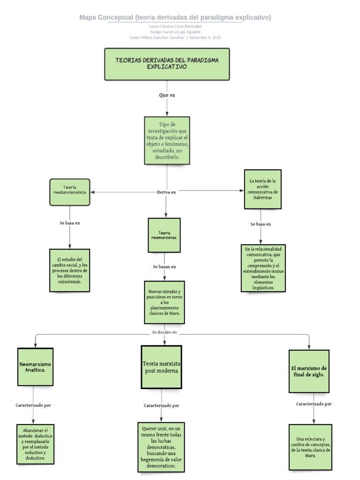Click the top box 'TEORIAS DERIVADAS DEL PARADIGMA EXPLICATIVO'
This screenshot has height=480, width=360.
167,64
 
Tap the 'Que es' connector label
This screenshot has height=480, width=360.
167,95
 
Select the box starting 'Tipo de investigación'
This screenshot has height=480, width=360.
167,141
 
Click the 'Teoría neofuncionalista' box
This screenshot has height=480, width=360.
70,192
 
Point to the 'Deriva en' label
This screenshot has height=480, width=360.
166,192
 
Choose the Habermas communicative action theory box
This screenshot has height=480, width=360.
262,189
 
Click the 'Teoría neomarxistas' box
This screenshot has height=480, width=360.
164,235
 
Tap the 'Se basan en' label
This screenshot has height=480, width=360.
164,267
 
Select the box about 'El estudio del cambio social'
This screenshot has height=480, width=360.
69,271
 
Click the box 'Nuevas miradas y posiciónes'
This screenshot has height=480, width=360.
164,302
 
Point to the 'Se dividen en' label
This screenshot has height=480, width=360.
164,332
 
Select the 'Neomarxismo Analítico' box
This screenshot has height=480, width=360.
36,367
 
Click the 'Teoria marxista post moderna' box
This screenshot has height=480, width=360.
161,367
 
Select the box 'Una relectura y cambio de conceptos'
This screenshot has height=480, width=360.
310,447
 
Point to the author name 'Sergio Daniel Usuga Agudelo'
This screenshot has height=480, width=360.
175,32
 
